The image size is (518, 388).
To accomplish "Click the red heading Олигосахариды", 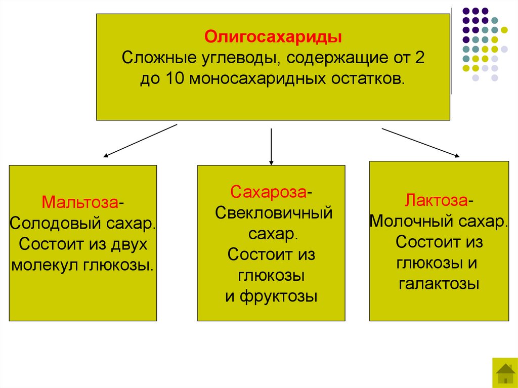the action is (x=273, y=38).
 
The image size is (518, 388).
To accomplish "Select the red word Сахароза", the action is (x=269, y=192).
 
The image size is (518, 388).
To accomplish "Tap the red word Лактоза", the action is (x=436, y=200).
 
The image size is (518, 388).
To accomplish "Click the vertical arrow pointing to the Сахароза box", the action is (x=272, y=147).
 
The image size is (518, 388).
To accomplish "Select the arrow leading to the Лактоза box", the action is (x=420, y=144).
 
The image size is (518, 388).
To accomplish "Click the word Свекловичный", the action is (x=274, y=212).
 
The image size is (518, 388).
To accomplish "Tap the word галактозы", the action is (x=439, y=284).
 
